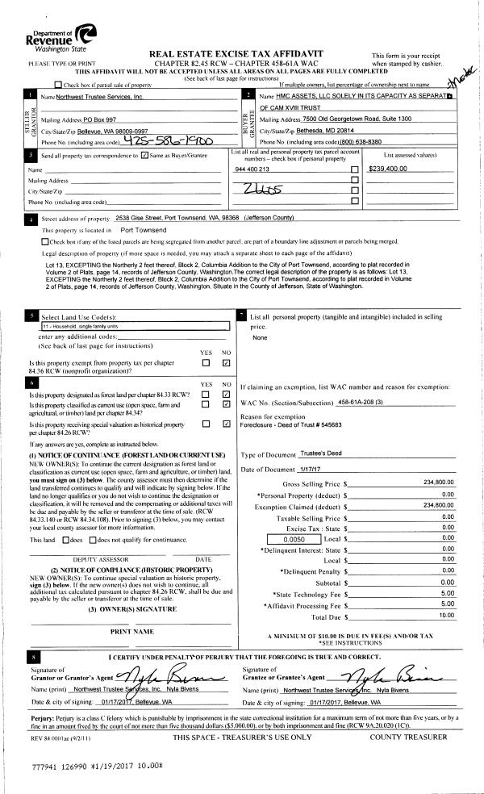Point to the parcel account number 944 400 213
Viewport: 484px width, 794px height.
pos(253,169)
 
